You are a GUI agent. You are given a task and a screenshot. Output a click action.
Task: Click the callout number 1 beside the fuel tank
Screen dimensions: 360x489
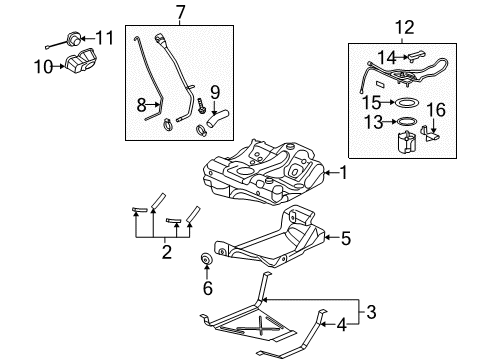tap(343, 172)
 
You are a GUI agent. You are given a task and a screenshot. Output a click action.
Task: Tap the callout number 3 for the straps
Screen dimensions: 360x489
tap(342, 313)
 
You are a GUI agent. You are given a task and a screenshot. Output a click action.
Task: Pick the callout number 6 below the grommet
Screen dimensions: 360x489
tap(208, 288)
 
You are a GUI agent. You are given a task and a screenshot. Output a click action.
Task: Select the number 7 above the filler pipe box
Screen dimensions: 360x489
tap(180, 12)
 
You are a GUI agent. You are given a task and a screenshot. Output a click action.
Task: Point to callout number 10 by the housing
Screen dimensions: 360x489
tap(43, 67)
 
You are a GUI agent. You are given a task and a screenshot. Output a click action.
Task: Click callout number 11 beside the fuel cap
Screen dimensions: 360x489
tap(104, 38)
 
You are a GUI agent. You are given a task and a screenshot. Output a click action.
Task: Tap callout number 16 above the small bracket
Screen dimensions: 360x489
tap(436, 108)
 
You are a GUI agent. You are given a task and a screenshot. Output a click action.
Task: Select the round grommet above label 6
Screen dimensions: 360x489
tap(208, 262)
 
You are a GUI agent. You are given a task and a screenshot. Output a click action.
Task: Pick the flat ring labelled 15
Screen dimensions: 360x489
tap(405, 101)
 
